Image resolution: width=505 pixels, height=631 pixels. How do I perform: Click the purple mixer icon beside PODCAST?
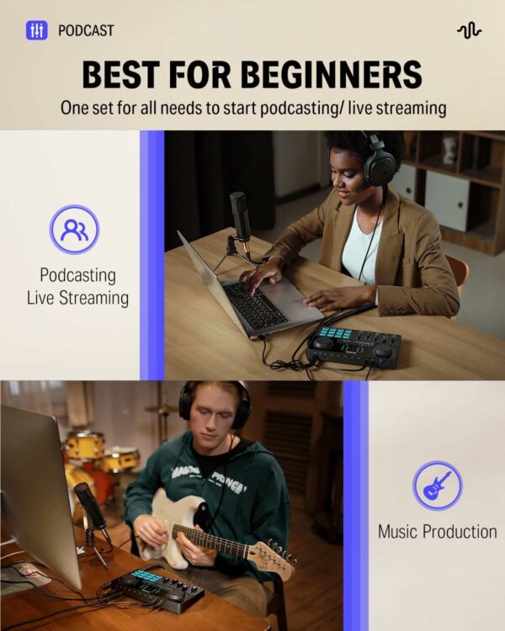37,30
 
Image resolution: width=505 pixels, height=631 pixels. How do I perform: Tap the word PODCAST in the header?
86,30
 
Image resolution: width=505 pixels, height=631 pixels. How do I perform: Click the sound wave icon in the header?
469,30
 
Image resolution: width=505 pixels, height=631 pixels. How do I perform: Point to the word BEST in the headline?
121,74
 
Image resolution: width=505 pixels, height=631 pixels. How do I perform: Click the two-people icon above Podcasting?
75,230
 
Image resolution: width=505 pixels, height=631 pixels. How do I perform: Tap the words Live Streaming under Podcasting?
77,298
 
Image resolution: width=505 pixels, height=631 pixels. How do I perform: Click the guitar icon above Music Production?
438,485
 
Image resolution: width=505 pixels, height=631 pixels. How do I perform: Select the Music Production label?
438,532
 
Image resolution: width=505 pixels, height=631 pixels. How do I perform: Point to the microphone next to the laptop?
241,220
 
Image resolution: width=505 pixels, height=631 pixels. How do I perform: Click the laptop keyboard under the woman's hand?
255,303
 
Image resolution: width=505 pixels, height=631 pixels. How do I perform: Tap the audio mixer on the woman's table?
353,347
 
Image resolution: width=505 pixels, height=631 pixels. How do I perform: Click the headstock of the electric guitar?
275,558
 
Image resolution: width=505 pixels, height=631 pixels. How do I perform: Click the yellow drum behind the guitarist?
85,446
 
